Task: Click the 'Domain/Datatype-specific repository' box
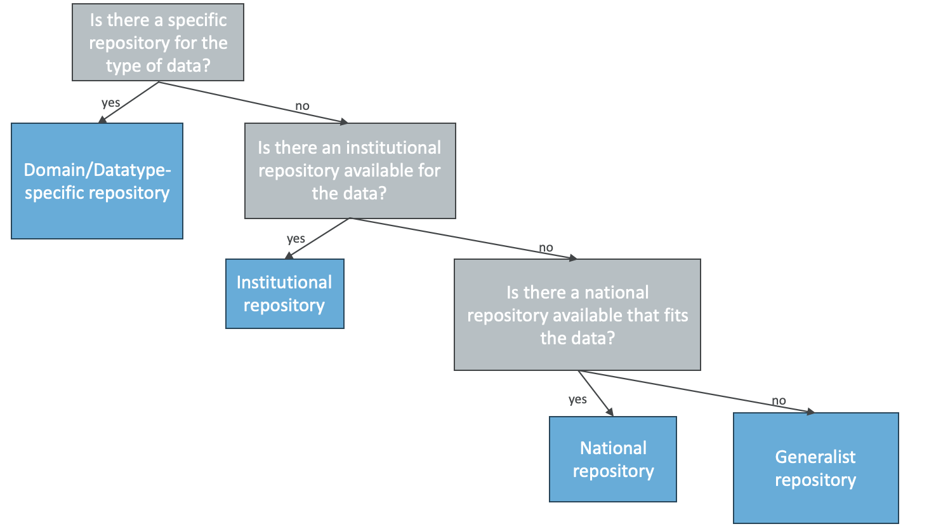(97, 181)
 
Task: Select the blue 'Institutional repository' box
(284, 293)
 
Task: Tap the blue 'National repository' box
(612, 459)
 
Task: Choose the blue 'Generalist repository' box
(815, 468)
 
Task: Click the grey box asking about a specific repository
(158, 43)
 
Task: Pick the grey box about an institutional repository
(350, 171)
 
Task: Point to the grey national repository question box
(577, 315)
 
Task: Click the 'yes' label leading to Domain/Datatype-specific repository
(110, 103)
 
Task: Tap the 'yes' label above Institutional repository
(296, 239)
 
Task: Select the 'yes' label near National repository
(577, 400)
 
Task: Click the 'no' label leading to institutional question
(302, 106)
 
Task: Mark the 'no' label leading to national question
(546, 248)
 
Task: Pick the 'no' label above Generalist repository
(779, 401)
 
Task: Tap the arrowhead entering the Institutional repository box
(289, 255)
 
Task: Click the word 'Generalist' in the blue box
(815, 457)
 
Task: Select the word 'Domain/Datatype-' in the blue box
(97, 170)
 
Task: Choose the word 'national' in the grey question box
(616, 293)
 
